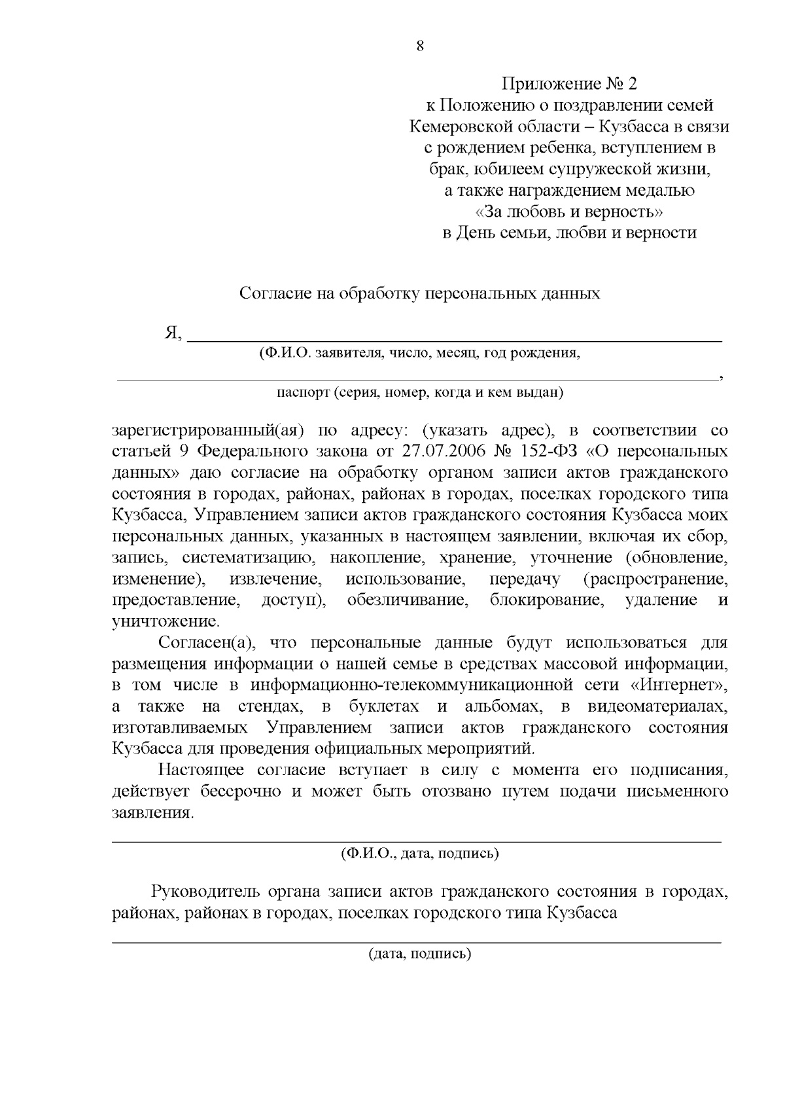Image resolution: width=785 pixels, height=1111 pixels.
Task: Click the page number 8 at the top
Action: pyautogui.click(x=419, y=46)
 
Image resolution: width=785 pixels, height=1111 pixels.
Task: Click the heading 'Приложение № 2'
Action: pyautogui.click(x=568, y=84)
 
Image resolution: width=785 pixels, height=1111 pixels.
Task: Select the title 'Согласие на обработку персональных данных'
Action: pyautogui.click(x=419, y=293)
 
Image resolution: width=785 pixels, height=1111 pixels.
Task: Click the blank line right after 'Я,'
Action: pyautogui.click(x=455, y=340)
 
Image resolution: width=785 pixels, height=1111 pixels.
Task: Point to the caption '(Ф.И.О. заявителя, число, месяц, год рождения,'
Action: pyautogui.click(x=419, y=354)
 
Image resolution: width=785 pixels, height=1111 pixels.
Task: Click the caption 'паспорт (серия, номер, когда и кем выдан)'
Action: pyautogui.click(x=419, y=393)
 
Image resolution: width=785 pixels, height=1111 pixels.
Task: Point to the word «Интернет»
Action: pyautogui.click(x=680, y=685)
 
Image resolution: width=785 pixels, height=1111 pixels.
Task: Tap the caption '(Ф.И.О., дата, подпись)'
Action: pyautogui.click(x=419, y=854)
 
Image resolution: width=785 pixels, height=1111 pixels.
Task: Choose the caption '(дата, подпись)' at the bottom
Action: pyautogui.click(x=419, y=953)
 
